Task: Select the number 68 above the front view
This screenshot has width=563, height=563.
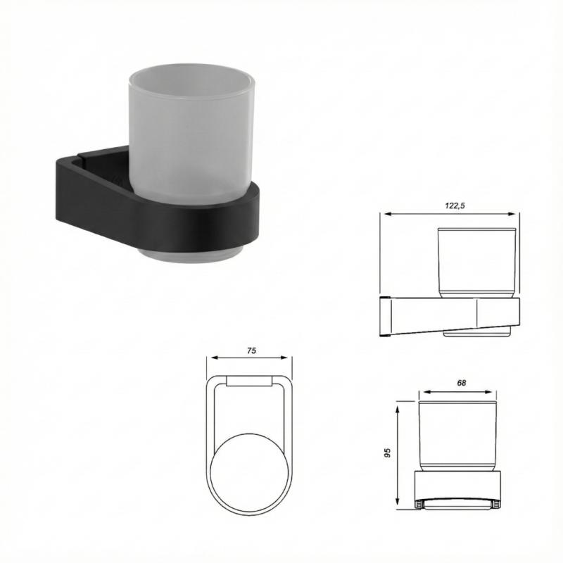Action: coord(462,384)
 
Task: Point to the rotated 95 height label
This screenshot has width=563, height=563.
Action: coord(387,453)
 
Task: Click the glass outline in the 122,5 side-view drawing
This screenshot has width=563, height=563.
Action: coord(479,260)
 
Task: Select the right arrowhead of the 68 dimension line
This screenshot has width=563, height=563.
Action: coord(500,392)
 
